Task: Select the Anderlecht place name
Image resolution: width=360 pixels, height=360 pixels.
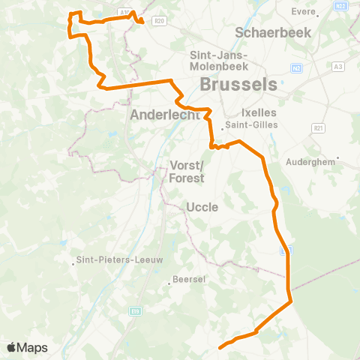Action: (164, 115)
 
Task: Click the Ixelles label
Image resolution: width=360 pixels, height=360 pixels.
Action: (259, 112)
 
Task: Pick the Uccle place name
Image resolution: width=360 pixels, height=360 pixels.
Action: (202, 206)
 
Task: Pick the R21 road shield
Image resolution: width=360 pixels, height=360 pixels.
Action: (320, 128)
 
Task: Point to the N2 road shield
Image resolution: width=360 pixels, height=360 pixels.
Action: (297, 68)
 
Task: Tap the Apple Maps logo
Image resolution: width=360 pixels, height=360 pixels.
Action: (28, 347)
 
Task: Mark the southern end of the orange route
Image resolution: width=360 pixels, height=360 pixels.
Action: (220, 348)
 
